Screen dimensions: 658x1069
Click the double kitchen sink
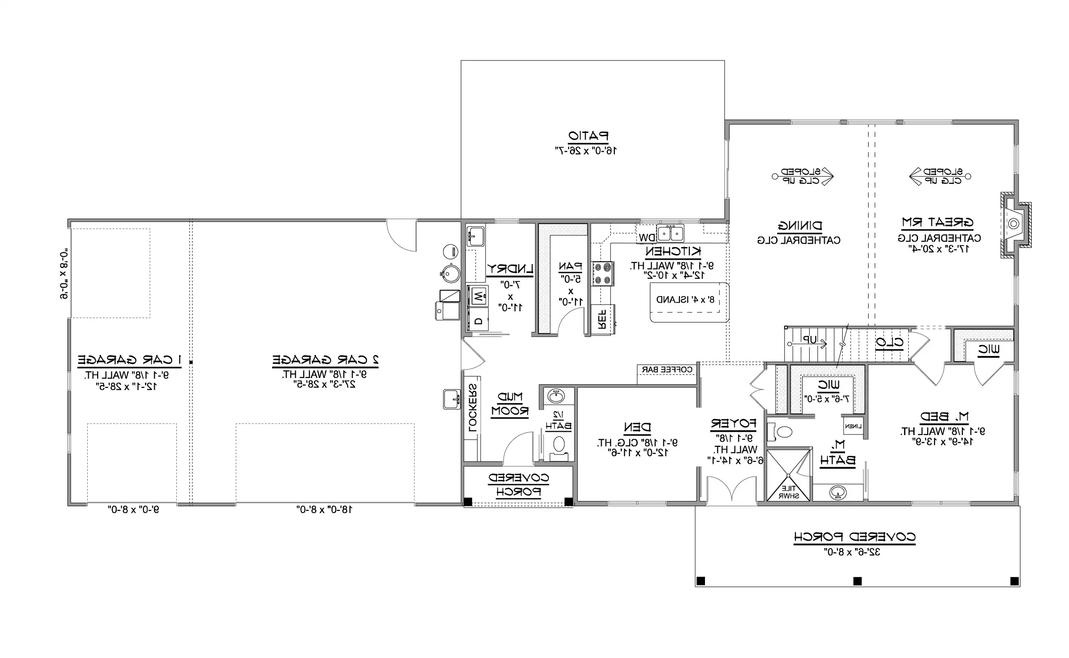(671, 233)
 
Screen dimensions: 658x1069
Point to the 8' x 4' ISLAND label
(688, 300)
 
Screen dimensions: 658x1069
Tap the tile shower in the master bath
(788, 476)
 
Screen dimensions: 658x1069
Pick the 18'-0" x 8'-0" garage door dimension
(325, 510)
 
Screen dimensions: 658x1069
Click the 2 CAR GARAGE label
(325, 360)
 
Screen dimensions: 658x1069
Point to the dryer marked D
(478, 321)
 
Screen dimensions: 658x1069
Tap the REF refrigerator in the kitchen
(602, 319)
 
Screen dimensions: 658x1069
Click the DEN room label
(637, 428)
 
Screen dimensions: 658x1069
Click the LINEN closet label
(854, 426)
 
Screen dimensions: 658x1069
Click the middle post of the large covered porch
(857, 581)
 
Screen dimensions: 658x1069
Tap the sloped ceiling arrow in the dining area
(803, 176)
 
